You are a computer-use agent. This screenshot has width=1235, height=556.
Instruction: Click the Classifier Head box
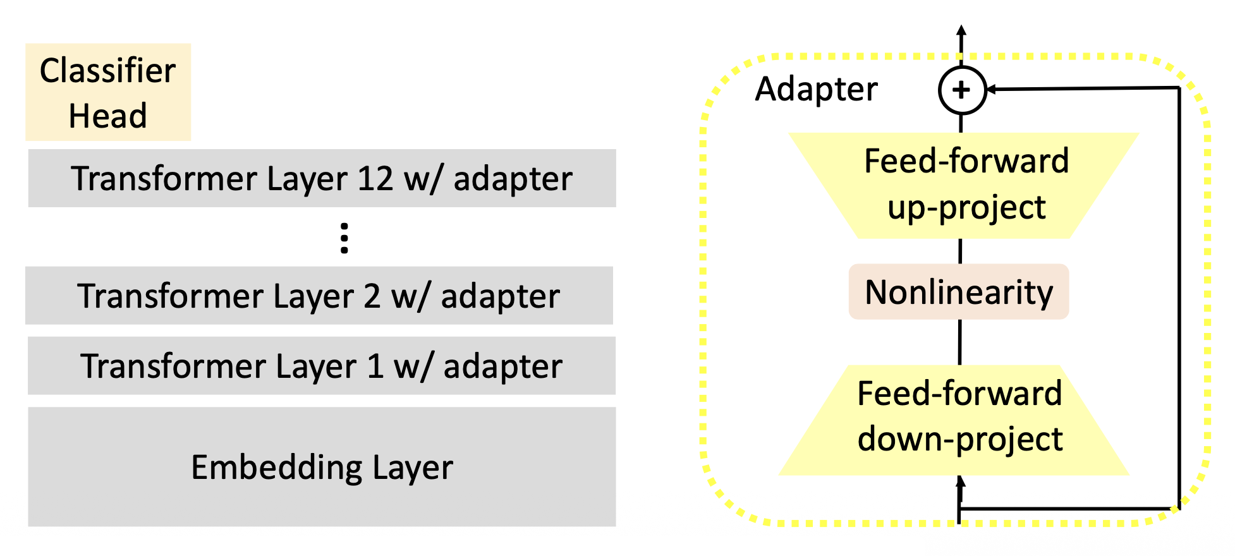click(108, 92)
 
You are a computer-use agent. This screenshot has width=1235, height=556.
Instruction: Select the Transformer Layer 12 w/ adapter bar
click(322, 178)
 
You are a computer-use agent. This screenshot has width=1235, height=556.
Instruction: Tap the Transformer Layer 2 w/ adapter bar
click(319, 296)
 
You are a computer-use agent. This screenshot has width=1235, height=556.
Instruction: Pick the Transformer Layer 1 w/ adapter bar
click(322, 366)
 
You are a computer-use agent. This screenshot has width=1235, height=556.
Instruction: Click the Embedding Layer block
click(322, 467)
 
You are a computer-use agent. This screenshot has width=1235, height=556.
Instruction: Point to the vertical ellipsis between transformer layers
click(344, 238)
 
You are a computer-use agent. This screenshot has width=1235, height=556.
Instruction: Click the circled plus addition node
click(961, 90)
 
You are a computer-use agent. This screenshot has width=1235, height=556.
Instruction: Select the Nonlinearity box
click(959, 292)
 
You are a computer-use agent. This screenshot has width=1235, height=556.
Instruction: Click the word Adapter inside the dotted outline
click(816, 89)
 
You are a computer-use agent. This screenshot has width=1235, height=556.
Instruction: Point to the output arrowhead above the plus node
click(961, 30)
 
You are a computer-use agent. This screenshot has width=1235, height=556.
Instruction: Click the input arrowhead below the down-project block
click(961, 481)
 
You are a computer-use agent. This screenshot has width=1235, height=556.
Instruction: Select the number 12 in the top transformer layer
click(375, 178)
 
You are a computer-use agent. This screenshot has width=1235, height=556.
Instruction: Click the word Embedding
click(276, 468)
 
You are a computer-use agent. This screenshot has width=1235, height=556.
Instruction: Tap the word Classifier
click(107, 70)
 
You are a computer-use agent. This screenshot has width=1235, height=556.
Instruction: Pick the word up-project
click(966, 208)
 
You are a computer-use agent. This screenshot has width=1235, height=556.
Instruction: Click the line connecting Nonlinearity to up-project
click(961, 251)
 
